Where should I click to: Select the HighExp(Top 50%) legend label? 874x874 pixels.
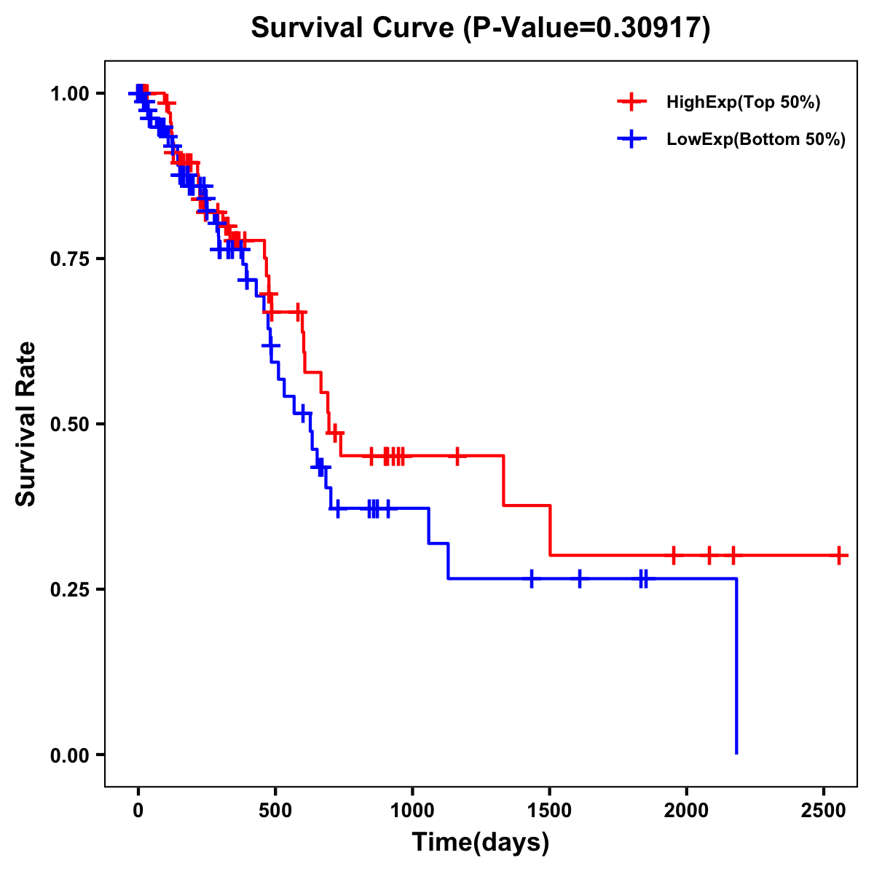744,103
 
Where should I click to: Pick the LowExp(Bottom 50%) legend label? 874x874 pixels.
756,140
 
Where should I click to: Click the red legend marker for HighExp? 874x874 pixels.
631,103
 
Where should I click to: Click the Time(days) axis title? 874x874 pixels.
481,843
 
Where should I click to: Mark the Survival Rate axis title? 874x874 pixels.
26,424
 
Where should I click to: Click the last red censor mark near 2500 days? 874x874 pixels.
839,555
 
